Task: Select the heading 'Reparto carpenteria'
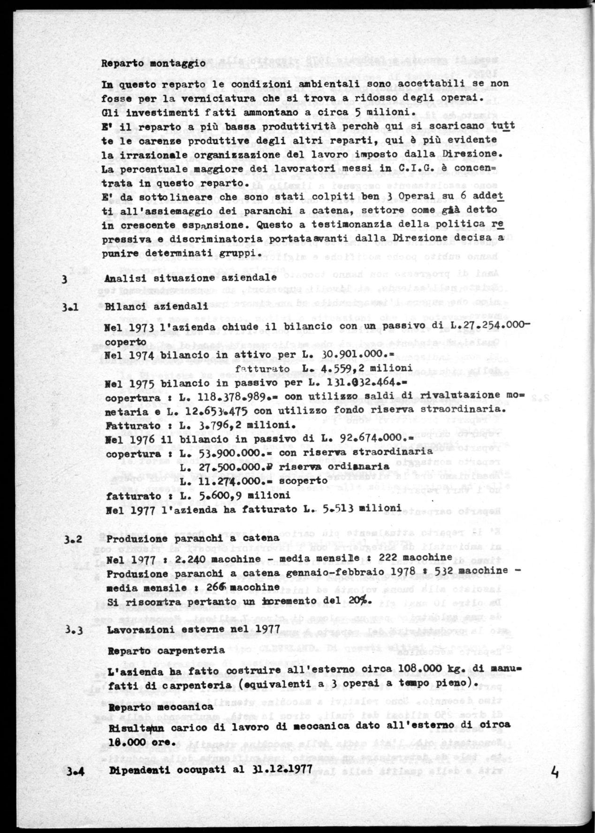166,651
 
